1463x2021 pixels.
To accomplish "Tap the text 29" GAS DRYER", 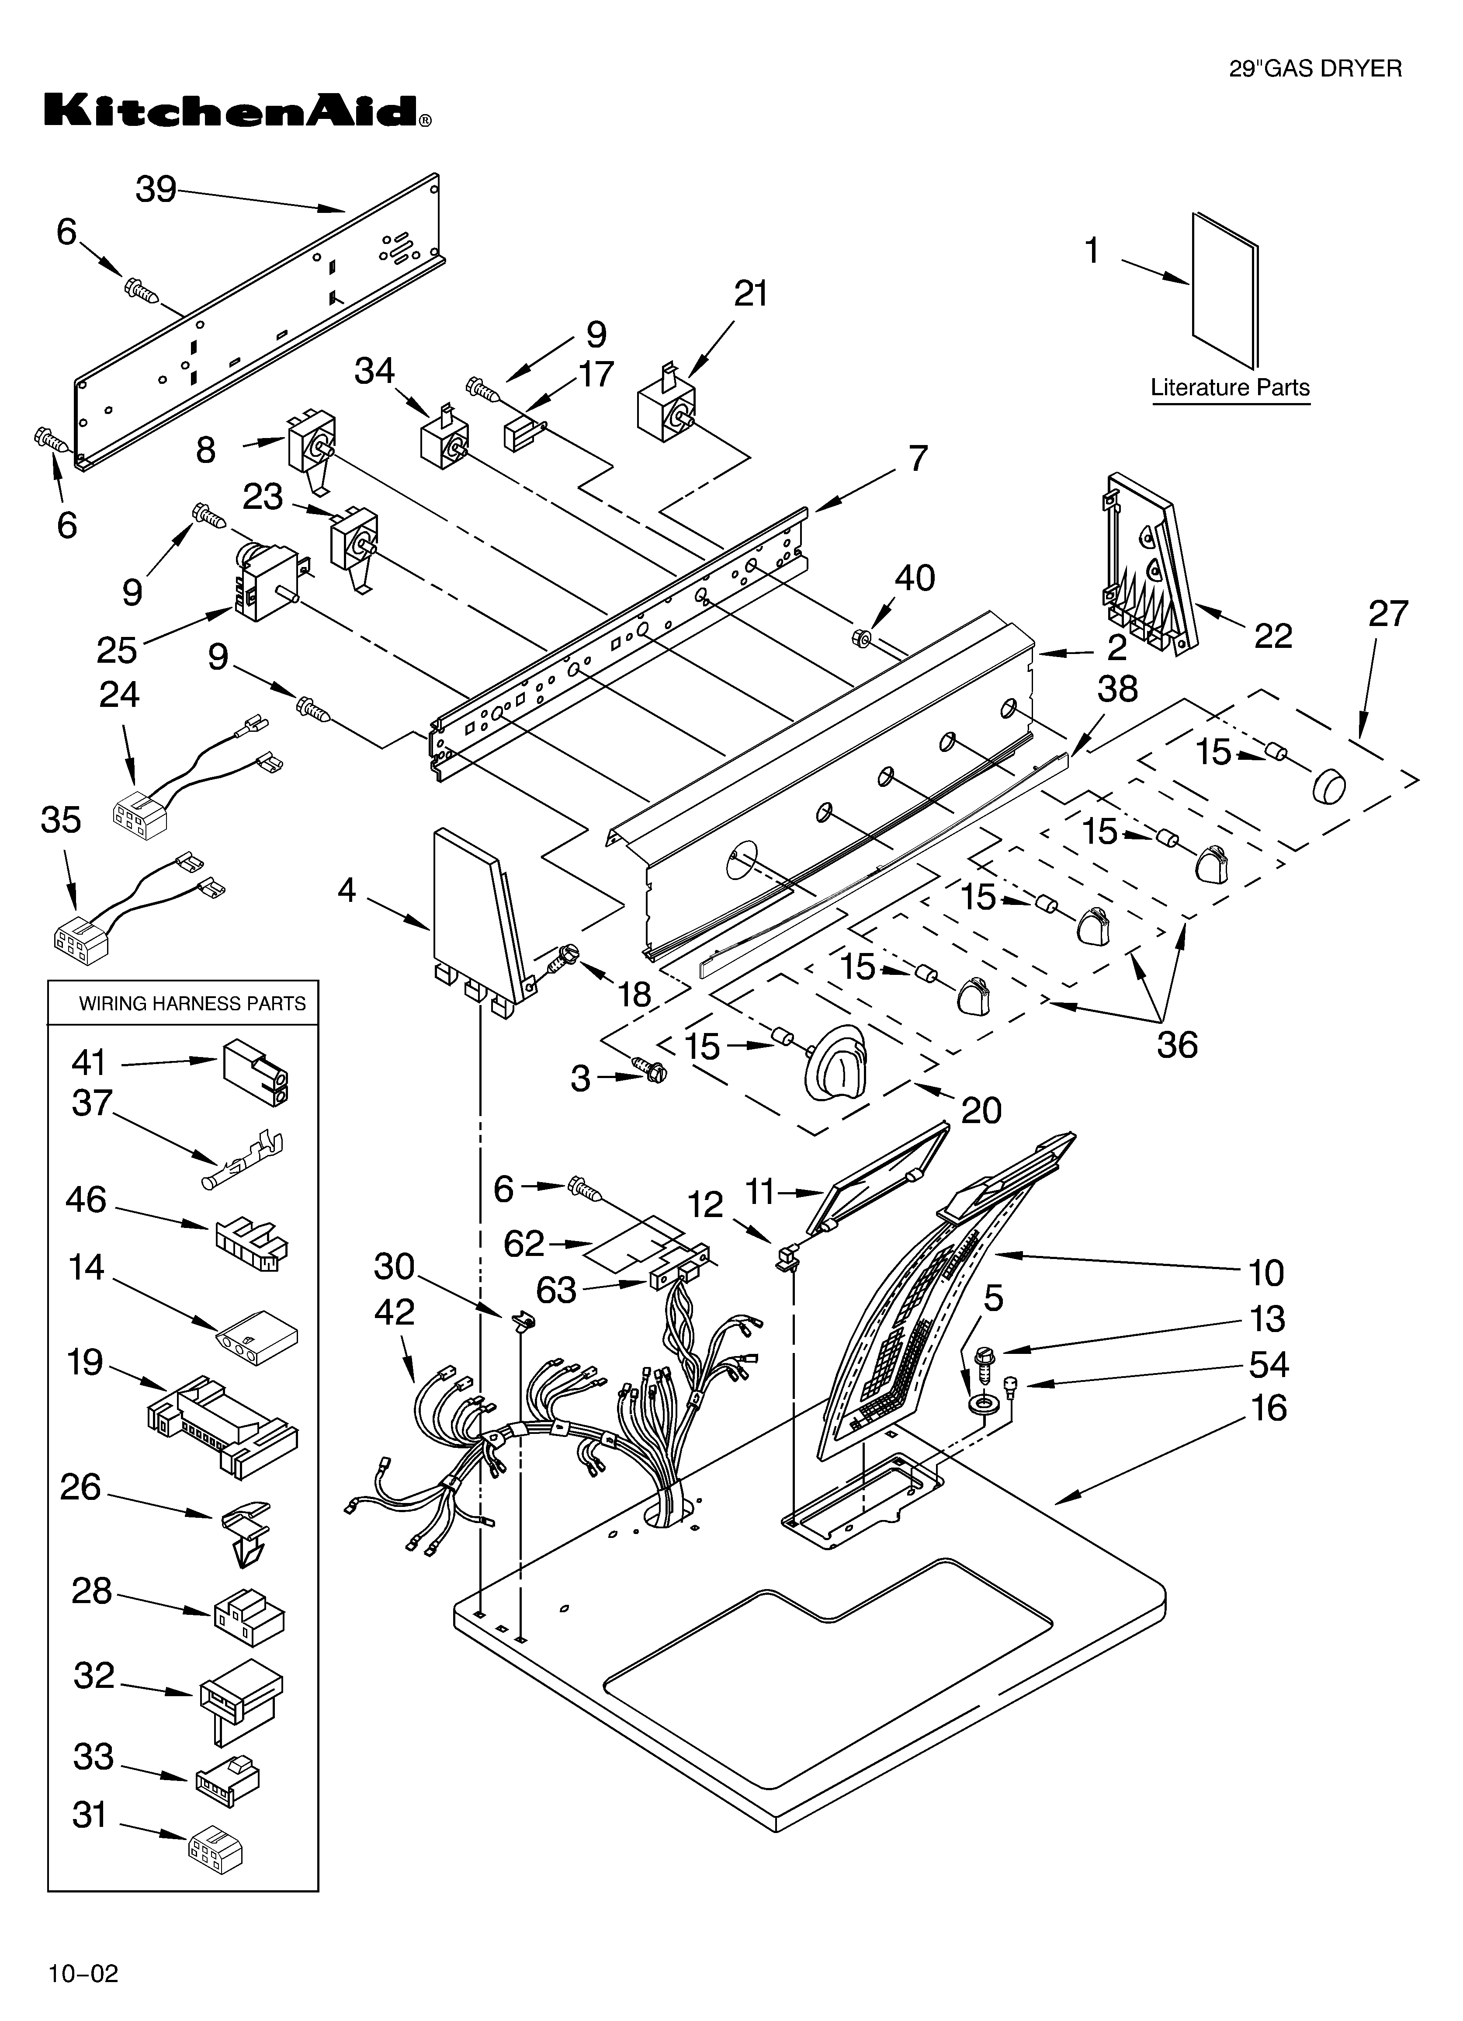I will click(x=1315, y=69).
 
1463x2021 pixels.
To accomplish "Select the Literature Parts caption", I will click(x=1230, y=388).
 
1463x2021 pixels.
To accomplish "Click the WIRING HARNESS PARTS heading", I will click(x=192, y=1003).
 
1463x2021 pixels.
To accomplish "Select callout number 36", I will click(x=1176, y=1044).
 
